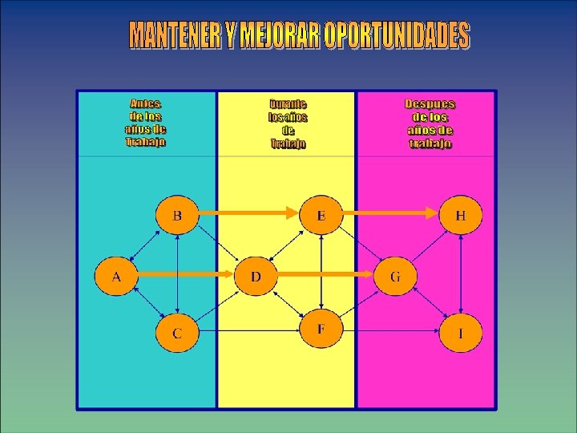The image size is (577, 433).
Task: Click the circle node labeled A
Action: pyautogui.click(x=116, y=277)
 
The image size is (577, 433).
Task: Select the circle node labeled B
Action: pyautogui.click(x=176, y=215)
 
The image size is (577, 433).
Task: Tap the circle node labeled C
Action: pyautogui.click(x=176, y=333)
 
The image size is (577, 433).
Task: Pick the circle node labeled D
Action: pyautogui.click(x=256, y=277)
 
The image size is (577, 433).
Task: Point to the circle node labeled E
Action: pyautogui.click(x=321, y=215)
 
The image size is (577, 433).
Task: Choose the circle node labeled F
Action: pyautogui.click(x=321, y=329)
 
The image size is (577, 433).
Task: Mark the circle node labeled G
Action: pyautogui.click(x=395, y=277)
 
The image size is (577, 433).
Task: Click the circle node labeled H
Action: pyautogui.click(x=461, y=215)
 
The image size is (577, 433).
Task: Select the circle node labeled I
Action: pyautogui.click(x=461, y=333)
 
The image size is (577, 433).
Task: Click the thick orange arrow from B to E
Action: pyautogui.click(x=248, y=213)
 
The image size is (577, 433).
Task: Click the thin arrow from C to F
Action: pyautogui.click(x=248, y=330)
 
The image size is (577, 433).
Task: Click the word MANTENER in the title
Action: pyautogui.click(x=178, y=35)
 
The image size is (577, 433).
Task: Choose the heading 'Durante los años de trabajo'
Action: pyautogui.click(x=288, y=124)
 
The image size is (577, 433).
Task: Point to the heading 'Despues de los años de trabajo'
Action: pyautogui.click(x=430, y=124)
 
